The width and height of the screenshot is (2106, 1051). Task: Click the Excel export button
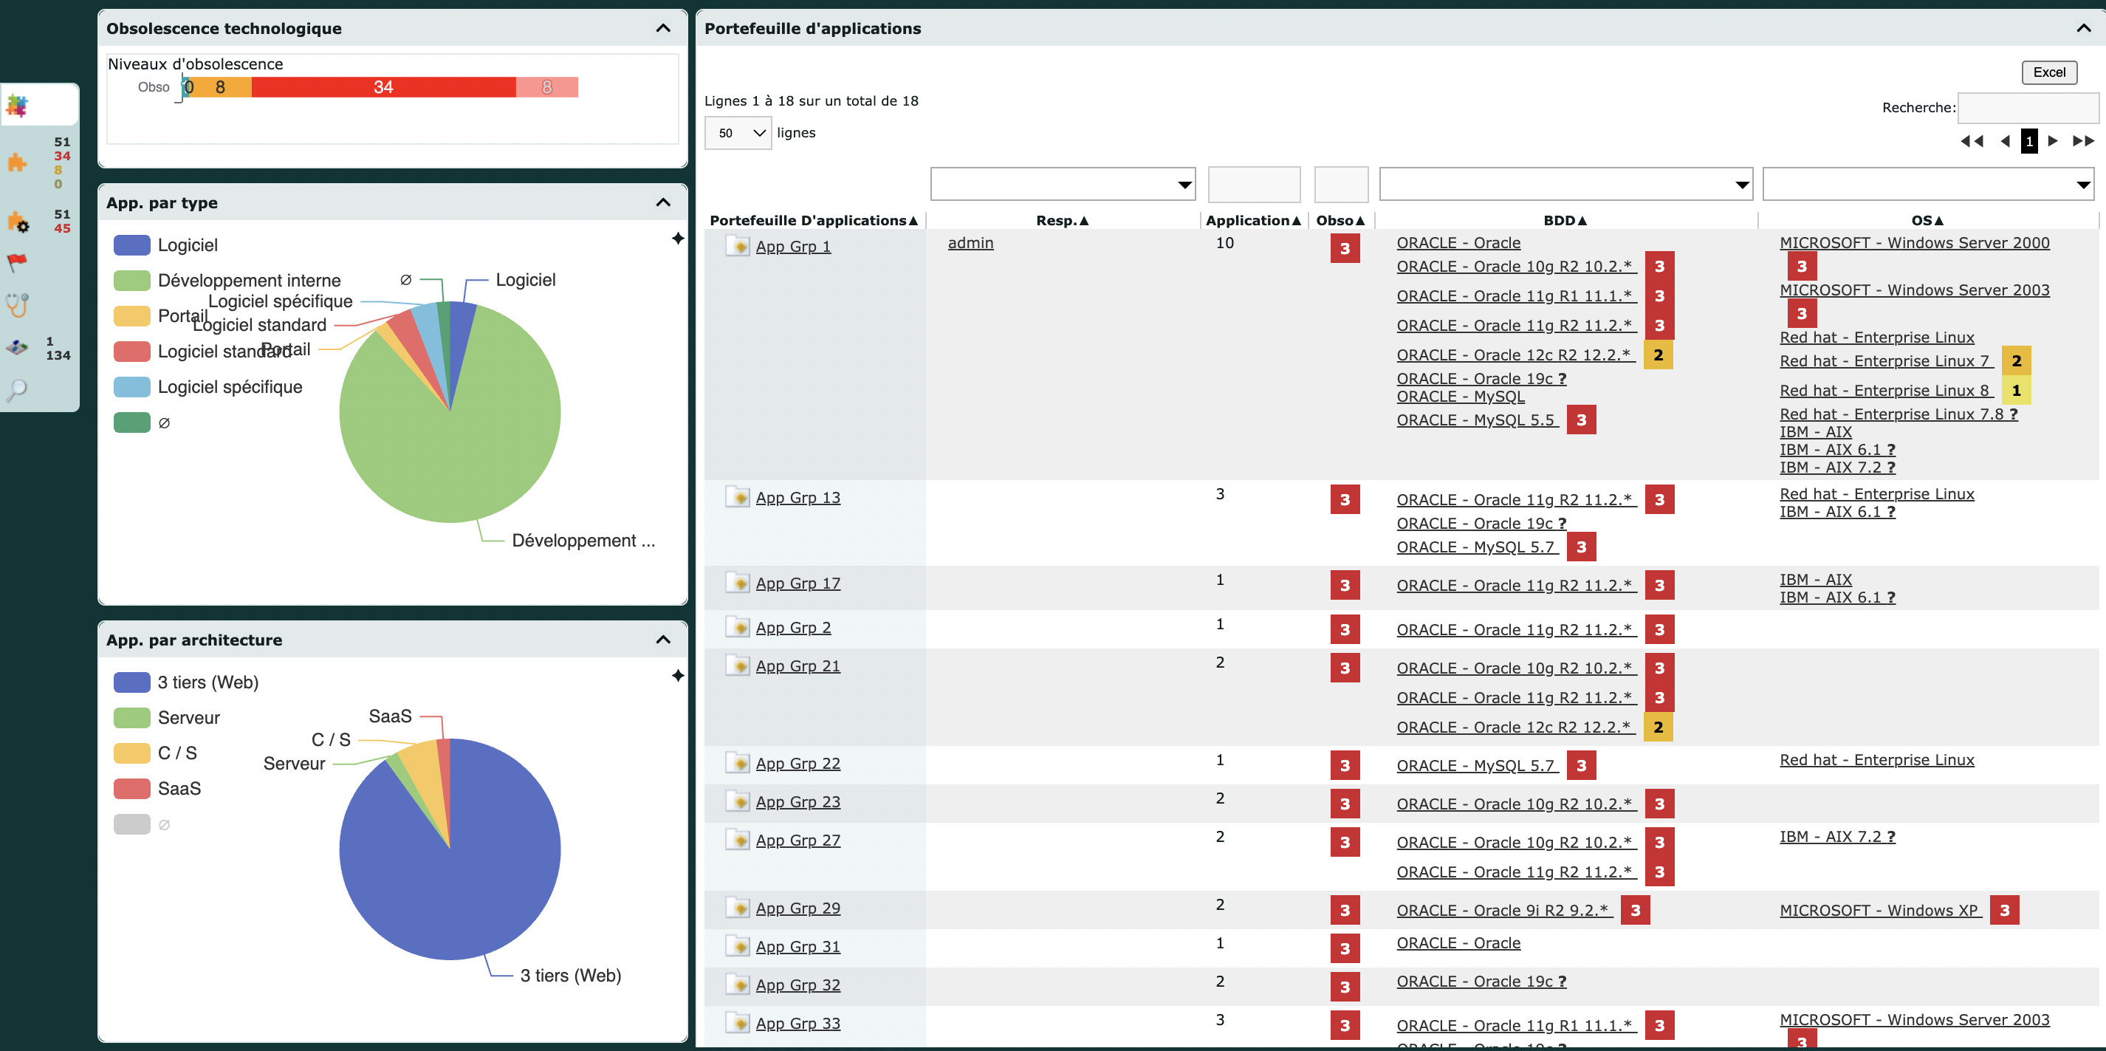pos(2048,72)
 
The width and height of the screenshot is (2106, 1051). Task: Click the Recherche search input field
pos(2028,107)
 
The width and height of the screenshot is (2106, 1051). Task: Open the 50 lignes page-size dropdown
pos(738,132)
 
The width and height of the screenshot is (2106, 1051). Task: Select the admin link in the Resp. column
pos(970,243)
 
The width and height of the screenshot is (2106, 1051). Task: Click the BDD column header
pos(1565,220)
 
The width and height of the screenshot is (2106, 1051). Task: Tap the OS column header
pos(1927,220)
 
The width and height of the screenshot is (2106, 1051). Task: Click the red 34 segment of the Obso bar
pos(383,86)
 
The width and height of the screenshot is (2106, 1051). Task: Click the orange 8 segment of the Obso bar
pos(221,86)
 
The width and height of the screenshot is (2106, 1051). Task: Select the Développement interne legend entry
pos(249,281)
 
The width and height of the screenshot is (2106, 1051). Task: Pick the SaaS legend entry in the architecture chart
pos(179,789)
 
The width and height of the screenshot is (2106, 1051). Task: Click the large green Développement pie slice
pos(458,434)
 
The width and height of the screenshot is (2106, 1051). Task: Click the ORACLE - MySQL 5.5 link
pos(1475,420)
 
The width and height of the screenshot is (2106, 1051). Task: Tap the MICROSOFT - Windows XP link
pos(1879,911)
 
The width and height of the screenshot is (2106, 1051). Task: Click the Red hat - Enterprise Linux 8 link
pos(1884,390)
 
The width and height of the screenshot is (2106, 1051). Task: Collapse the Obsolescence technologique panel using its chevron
pos(663,29)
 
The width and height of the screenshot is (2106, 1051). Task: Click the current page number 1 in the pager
pos(2028,140)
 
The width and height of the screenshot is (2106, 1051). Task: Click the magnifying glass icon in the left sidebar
pos(17,390)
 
